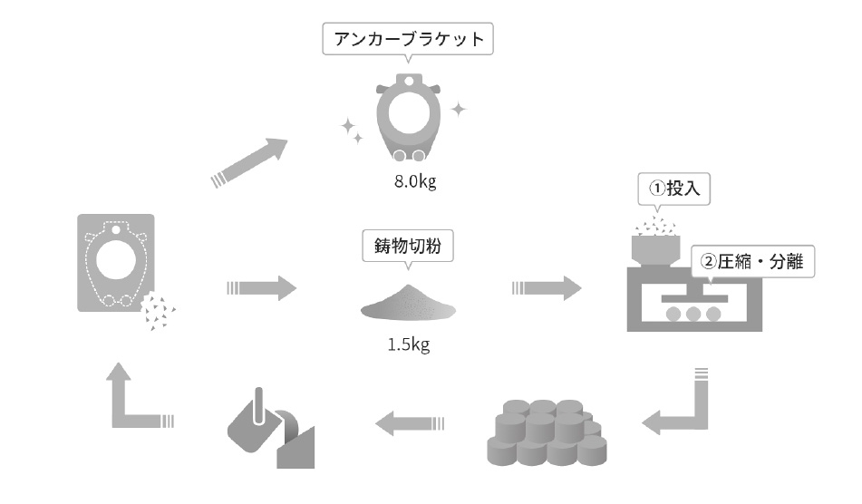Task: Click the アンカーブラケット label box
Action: click(407, 39)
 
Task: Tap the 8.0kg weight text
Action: click(415, 181)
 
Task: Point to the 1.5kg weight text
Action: click(409, 344)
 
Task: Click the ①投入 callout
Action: click(674, 189)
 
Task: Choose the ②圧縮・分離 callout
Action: click(752, 261)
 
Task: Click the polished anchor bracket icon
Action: click(409, 118)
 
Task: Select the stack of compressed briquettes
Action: click(547, 432)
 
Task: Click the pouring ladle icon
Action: click(271, 429)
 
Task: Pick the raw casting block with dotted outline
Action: click(116, 263)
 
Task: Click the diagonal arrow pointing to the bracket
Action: click(250, 162)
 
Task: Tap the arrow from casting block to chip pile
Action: click(262, 288)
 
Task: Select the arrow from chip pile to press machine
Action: click(547, 288)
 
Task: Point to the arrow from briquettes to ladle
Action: click(410, 423)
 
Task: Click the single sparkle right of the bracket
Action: click(459, 110)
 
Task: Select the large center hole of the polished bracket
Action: click(409, 112)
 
